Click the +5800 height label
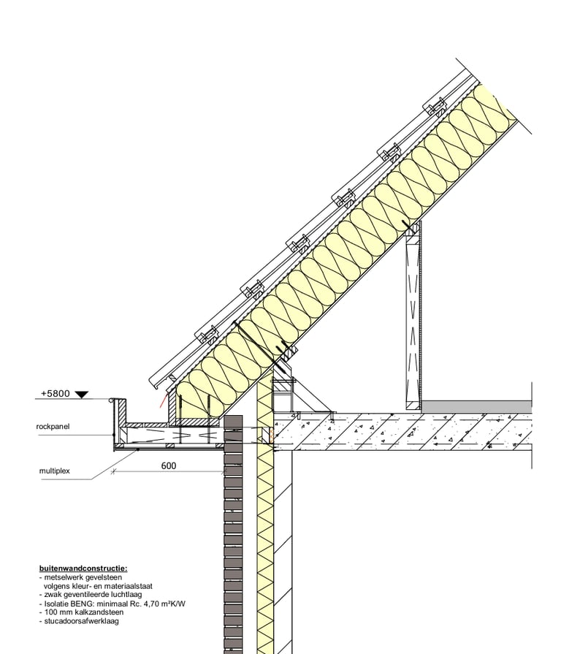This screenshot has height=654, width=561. (55, 393)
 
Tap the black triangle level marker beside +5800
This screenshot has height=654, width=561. (81, 395)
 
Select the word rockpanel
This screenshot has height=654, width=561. (53, 426)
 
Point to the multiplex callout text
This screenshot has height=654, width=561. (54, 471)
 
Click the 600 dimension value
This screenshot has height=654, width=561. (168, 465)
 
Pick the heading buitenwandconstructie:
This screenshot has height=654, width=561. (83, 568)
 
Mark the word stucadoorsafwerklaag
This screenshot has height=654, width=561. (80, 621)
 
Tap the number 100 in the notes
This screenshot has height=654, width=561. (50, 612)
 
